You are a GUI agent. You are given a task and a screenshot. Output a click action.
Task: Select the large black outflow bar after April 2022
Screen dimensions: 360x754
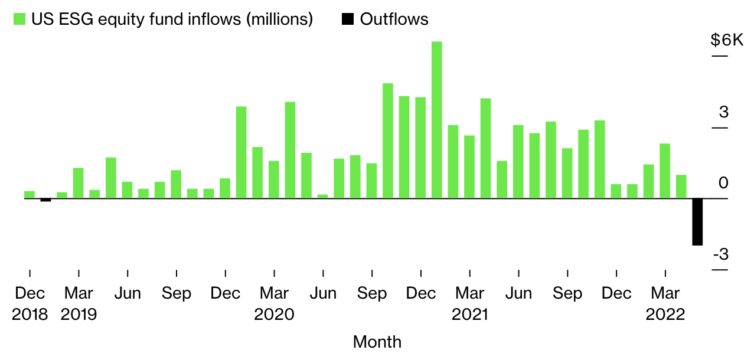click(x=697, y=222)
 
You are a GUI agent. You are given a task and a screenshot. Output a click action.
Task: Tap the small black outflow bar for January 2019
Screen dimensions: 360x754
click(x=45, y=200)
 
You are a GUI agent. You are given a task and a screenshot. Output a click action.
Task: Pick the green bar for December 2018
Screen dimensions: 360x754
click(x=30, y=195)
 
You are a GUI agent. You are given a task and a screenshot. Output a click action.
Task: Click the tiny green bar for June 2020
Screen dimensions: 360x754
click(x=322, y=196)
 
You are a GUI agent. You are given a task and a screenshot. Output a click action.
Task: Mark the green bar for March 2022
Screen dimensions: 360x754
click(x=665, y=171)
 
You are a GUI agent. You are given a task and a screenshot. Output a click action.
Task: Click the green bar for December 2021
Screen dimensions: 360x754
click(x=616, y=191)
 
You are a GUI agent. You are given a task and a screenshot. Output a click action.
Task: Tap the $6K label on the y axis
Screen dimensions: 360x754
click(x=726, y=41)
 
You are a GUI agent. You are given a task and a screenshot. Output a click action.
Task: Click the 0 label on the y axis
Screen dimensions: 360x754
click(x=723, y=184)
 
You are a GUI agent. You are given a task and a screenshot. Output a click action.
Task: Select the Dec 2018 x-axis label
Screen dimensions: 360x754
click(x=30, y=303)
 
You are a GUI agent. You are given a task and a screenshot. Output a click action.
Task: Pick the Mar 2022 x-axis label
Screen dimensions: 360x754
click(x=665, y=303)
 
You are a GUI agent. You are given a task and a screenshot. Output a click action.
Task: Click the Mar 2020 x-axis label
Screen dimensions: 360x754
click(x=274, y=303)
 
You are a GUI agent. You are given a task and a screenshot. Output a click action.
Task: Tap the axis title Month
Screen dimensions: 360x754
click(x=377, y=342)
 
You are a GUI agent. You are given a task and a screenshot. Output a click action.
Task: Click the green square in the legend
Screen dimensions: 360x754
click(x=19, y=19)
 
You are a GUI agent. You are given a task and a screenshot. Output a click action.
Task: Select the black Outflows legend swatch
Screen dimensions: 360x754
click(x=348, y=19)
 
